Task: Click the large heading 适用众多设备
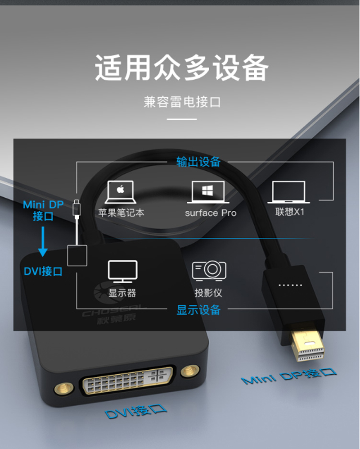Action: [182, 68]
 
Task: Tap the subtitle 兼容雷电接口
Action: [182, 102]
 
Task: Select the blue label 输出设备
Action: [198, 162]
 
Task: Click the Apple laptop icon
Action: [121, 192]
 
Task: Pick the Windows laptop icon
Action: [208, 192]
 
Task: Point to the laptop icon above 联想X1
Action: [289, 192]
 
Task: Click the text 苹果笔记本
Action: [121, 213]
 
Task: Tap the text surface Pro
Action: [211, 213]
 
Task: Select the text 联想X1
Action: [290, 212]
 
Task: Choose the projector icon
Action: [209, 270]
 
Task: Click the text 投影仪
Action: [208, 293]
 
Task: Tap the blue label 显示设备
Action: [198, 310]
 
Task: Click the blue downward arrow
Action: [43, 241]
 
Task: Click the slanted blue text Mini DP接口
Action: [289, 376]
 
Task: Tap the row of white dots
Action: [290, 285]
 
